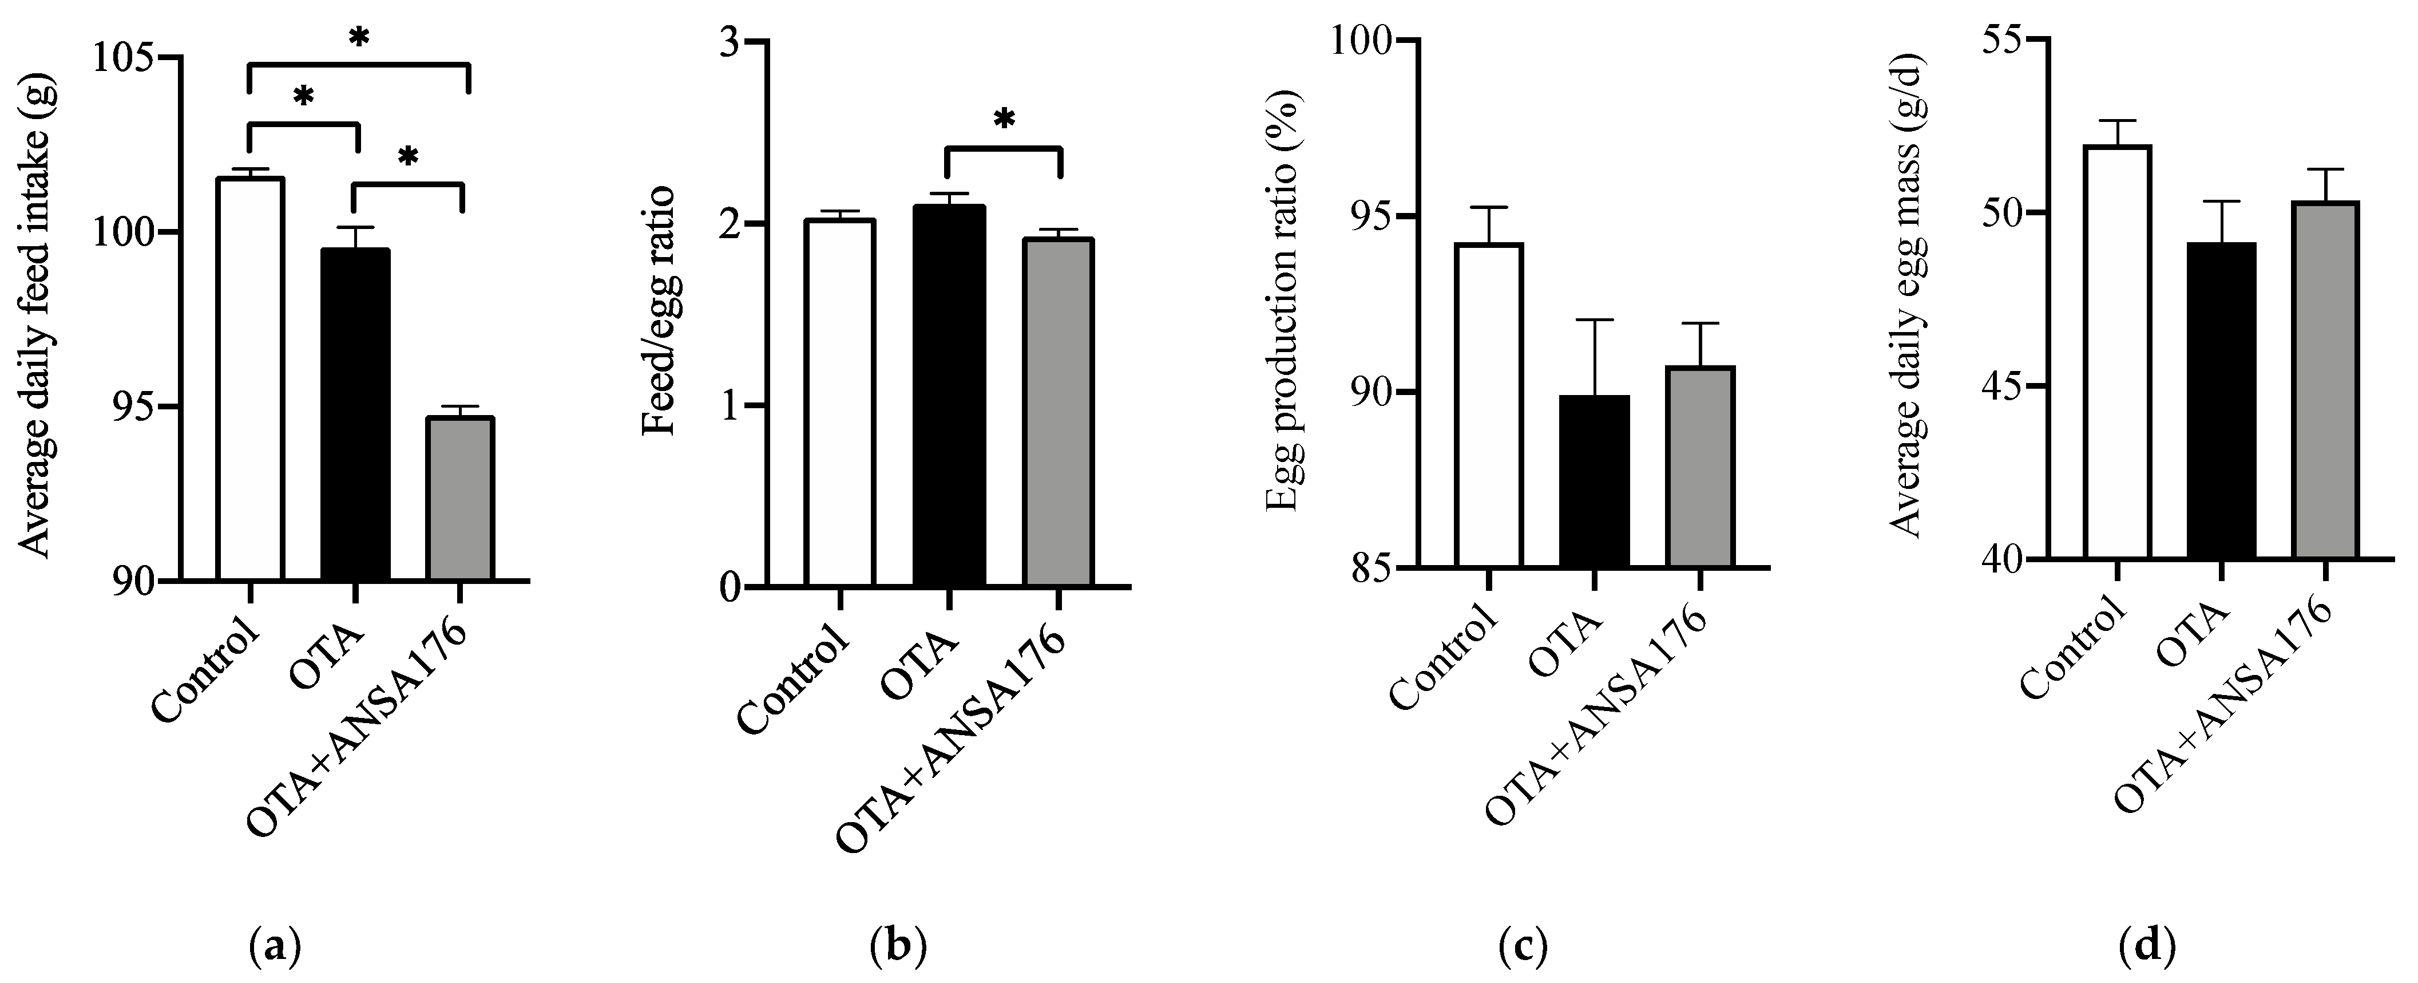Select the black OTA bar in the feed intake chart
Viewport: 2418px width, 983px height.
tap(355, 415)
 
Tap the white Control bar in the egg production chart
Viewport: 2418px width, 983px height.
tap(1489, 405)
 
